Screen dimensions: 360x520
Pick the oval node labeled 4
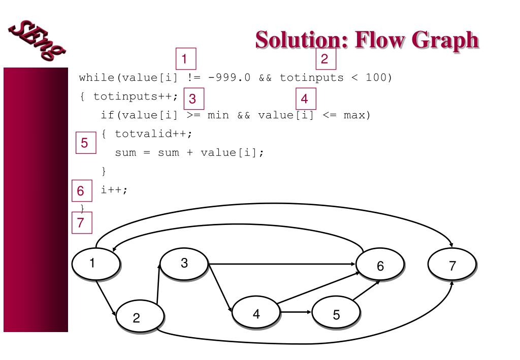click(255, 314)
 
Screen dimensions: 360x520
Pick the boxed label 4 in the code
click(305, 97)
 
